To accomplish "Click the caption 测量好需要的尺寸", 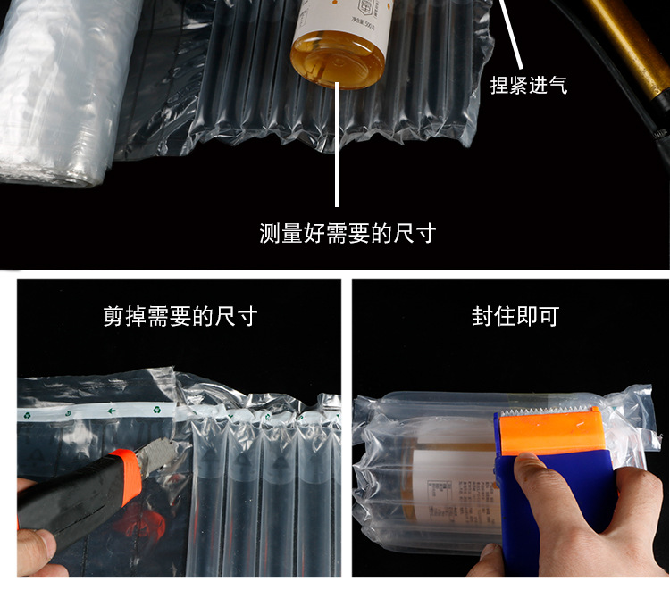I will [348, 234].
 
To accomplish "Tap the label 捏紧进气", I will [529, 86].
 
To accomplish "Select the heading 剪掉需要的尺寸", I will [180, 317].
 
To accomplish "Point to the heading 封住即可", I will [515, 317].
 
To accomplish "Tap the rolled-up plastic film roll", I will [63, 89].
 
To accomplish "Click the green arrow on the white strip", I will [112, 411].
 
